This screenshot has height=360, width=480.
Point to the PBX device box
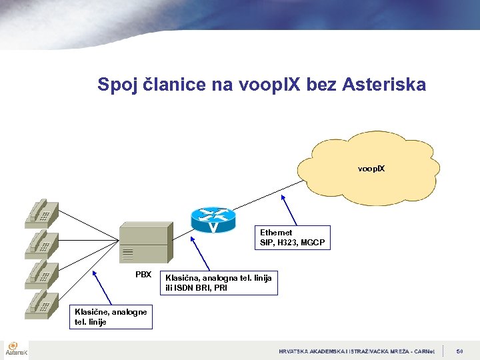(x=143, y=244)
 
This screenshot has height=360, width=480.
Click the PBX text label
(x=143, y=275)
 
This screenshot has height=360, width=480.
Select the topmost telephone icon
(x=41, y=211)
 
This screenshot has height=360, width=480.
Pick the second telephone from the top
(x=41, y=243)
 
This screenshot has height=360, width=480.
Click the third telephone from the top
(x=41, y=273)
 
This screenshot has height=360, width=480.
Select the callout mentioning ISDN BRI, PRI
(x=218, y=283)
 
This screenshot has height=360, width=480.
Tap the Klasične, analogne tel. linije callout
(x=111, y=317)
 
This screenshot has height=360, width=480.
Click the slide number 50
(x=460, y=351)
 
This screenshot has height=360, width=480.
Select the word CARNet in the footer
(x=421, y=351)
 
